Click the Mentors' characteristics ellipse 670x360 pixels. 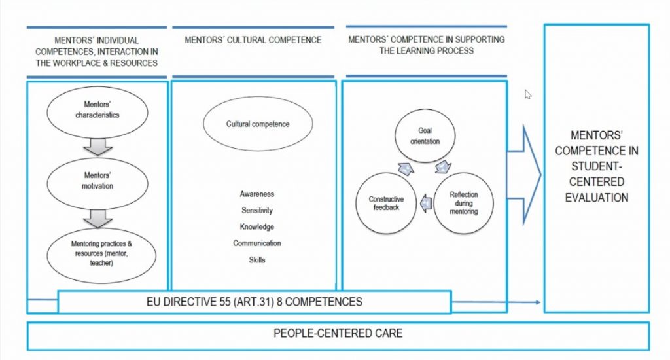pos(97,110)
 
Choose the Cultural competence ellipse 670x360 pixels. pos(257,124)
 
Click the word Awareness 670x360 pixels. pos(256,194)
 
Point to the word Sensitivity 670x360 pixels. pos(256,211)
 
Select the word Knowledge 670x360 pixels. pos(256,227)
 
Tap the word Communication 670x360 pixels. pos(256,243)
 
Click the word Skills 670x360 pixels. pos(256,260)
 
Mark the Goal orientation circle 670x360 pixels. pos(425,135)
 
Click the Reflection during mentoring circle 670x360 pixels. pos(464,203)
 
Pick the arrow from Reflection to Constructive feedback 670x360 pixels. pos(426,204)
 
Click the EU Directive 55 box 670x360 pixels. pos(254,302)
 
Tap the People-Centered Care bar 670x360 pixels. pos(338,334)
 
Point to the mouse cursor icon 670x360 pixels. pos(528,94)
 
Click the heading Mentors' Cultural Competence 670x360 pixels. pos(253,40)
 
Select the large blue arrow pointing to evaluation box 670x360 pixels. pos(529,173)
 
